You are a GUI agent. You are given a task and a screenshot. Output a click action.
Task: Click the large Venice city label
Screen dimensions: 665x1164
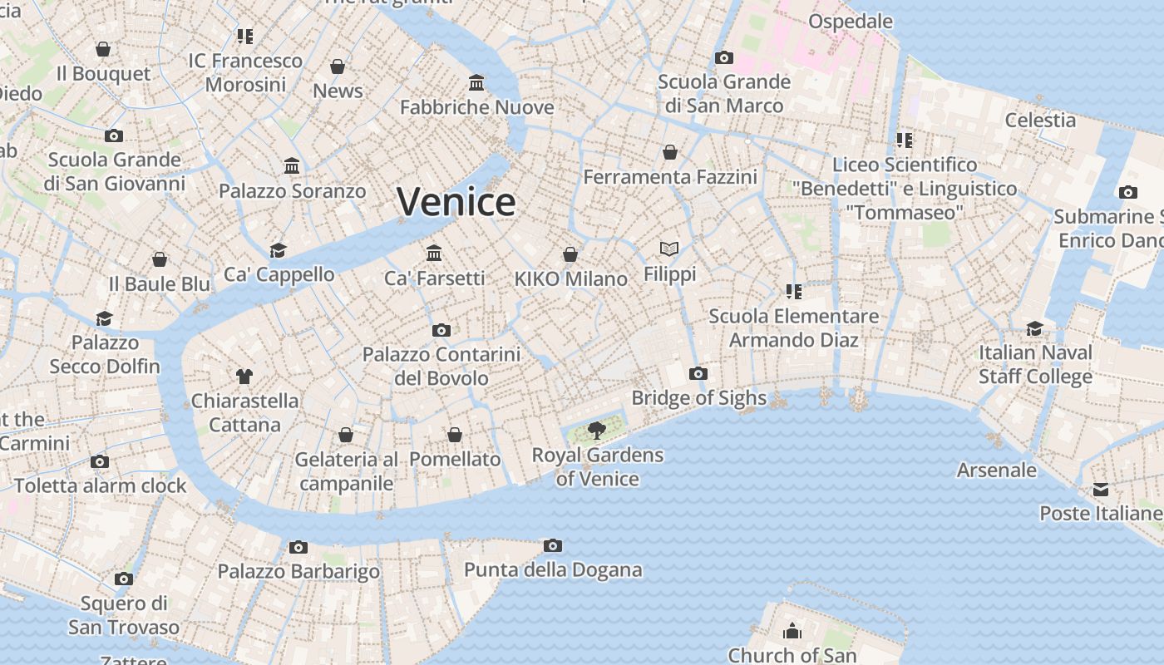pyautogui.click(x=456, y=202)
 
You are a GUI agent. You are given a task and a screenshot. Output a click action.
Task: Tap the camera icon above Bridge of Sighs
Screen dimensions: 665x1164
pyautogui.click(x=698, y=373)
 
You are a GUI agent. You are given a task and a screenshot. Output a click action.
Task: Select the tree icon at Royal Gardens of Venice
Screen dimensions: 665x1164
pyautogui.click(x=596, y=430)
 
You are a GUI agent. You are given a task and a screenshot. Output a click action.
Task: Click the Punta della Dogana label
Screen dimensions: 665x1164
pyautogui.click(x=553, y=569)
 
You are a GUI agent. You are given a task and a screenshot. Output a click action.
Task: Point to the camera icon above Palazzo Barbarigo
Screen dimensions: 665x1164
pyautogui.click(x=298, y=547)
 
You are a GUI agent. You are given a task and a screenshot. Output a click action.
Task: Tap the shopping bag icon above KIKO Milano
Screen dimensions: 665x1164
pyautogui.click(x=570, y=254)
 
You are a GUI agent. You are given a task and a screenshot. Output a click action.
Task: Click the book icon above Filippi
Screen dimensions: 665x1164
pyautogui.click(x=669, y=249)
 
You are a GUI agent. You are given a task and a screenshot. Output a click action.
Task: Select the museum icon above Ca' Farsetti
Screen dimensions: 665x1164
pyautogui.click(x=434, y=253)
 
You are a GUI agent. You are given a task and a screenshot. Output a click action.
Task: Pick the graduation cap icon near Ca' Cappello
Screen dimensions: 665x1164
pyautogui.click(x=278, y=250)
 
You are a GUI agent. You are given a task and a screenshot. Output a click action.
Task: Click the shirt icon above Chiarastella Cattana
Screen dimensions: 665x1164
pyautogui.click(x=244, y=376)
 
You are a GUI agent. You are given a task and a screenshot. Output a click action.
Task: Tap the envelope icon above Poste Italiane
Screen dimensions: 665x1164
pyautogui.click(x=1101, y=490)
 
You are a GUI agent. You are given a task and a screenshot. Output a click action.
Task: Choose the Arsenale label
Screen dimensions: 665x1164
pyautogui.click(x=997, y=470)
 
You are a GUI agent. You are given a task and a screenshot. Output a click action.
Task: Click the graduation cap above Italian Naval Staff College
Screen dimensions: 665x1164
pyautogui.click(x=1034, y=328)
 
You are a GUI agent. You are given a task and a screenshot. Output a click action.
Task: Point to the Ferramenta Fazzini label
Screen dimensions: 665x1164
pyautogui.click(x=670, y=177)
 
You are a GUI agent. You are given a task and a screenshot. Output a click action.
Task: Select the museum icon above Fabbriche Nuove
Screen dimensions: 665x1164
pyautogui.click(x=476, y=82)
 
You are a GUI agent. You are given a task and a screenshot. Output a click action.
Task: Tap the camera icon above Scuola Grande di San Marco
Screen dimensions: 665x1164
pyautogui.click(x=724, y=57)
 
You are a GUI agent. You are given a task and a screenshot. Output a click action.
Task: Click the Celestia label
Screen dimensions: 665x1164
pyautogui.click(x=1040, y=120)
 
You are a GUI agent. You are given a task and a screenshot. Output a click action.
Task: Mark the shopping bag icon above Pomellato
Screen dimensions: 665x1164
pyautogui.click(x=455, y=435)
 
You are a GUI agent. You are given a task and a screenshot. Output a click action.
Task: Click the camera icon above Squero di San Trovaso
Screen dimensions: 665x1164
pyautogui.click(x=124, y=579)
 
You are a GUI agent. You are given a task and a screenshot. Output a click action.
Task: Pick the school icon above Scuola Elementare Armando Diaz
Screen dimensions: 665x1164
pyautogui.click(x=794, y=292)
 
